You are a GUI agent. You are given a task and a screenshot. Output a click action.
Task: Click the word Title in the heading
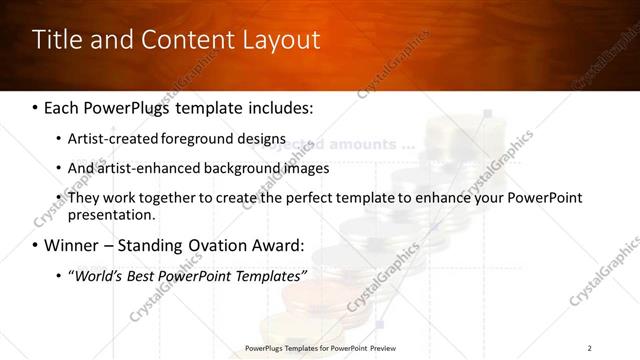56,41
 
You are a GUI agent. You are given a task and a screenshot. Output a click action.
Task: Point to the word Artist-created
110,139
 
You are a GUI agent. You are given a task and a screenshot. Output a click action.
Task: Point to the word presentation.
111,214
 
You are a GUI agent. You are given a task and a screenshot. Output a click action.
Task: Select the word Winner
72,245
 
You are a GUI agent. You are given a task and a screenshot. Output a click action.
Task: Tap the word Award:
279,245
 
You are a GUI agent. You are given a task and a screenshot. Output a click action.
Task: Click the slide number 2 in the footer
589,347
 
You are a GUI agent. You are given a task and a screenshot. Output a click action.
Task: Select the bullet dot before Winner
36,245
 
